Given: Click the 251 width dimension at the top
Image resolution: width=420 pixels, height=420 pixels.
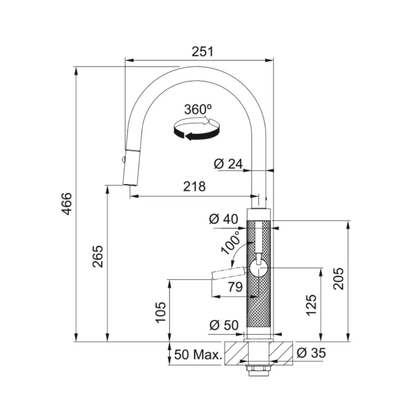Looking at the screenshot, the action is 202,51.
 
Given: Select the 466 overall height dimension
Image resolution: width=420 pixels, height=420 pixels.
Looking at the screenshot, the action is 67,204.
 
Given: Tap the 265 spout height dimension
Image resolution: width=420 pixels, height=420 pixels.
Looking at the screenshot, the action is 98,256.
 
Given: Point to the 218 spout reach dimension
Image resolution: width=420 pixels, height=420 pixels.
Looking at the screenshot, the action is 194,186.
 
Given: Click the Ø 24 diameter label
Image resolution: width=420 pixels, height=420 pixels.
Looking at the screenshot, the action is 228,164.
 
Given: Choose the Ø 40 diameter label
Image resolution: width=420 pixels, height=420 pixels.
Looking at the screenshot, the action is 223,219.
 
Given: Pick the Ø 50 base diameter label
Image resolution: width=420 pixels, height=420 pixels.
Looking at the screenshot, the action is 224,325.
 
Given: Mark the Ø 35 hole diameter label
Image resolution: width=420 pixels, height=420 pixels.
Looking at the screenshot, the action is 311,353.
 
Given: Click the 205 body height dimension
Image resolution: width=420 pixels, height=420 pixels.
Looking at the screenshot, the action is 338,278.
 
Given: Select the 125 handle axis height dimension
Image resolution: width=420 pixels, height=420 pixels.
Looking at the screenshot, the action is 312,305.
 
